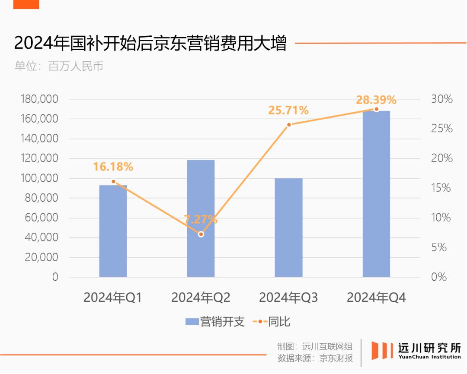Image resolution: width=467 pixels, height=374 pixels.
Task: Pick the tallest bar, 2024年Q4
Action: (376, 194)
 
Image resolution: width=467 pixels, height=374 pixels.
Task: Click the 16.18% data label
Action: (113, 167)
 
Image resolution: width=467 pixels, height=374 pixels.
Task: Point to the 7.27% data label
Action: (201, 219)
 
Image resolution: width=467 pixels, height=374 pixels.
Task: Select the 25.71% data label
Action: (288, 111)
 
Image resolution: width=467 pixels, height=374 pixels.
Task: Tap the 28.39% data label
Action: (376, 100)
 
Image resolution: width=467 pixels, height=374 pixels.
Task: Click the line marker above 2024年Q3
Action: (289, 124)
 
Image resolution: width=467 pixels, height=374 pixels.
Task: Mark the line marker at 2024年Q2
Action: (201, 234)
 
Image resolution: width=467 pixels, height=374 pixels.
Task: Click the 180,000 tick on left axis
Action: (39, 99)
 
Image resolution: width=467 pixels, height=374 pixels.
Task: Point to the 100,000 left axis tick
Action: (39, 178)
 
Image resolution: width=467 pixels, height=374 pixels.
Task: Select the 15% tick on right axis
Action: (441, 188)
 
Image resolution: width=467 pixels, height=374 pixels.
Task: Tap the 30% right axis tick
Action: (441, 99)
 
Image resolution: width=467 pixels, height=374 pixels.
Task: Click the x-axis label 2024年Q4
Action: (376, 298)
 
